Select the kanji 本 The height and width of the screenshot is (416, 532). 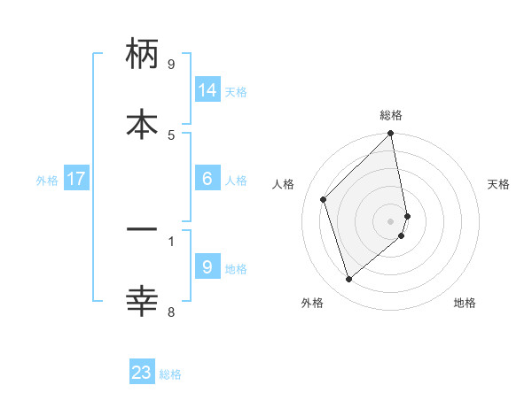coord(142,123)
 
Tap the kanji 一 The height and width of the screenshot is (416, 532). coord(142,230)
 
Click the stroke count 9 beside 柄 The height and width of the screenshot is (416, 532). coord(171,65)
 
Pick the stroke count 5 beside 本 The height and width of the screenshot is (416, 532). coord(171,135)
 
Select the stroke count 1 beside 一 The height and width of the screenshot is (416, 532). coord(171,240)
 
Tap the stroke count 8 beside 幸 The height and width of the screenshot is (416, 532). coord(171,311)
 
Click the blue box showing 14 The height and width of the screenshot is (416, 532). coord(207,90)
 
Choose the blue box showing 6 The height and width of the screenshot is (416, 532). coord(207,179)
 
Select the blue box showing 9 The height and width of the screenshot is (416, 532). coord(207,267)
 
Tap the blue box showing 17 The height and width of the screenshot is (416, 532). coord(76,179)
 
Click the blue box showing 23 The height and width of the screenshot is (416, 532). coord(142,373)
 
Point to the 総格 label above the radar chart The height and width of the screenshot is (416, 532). coord(391,115)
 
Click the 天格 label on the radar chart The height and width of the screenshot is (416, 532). coord(498,184)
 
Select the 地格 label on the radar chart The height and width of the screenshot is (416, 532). coord(465,303)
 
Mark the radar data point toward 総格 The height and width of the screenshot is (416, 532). coord(391,135)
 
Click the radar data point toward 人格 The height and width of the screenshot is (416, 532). coord(324,199)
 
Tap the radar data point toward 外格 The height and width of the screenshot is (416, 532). coord(349,279)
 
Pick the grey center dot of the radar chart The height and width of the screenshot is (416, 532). coord(391,220)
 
